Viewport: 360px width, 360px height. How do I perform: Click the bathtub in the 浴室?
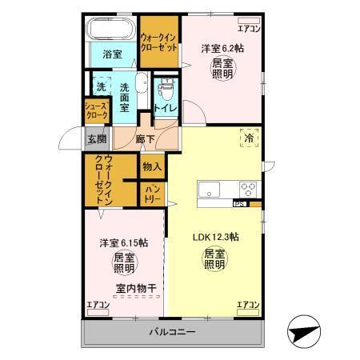pos(111,31)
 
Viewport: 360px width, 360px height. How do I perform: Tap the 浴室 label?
pos(112,54)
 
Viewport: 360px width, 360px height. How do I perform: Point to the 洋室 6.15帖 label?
pos(123,242)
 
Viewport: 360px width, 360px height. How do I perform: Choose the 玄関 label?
pos(96,138)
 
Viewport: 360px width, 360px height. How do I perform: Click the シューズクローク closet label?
pos(97,109)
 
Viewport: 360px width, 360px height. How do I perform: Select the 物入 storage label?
pos(152,166)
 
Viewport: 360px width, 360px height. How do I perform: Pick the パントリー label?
pos(152,193)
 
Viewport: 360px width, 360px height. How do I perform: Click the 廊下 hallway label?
pos(145,137)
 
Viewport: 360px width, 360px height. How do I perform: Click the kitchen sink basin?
pos(211,190)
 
